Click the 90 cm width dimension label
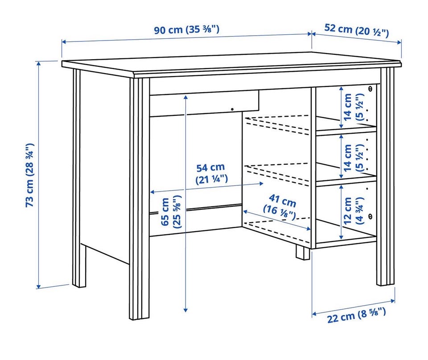point(186,29)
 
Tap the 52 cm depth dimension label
point(357,30)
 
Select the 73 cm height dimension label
point(30,175)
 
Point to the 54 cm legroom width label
point(211,173)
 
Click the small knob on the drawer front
point(232,109)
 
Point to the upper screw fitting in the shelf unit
point(370,88)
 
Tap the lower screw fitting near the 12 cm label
point(370,216)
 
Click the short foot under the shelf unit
point(303,253)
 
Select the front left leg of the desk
point(140,199)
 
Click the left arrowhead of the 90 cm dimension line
point(64,42)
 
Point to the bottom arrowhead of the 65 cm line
point(185,310)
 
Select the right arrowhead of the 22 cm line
point(393,301)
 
